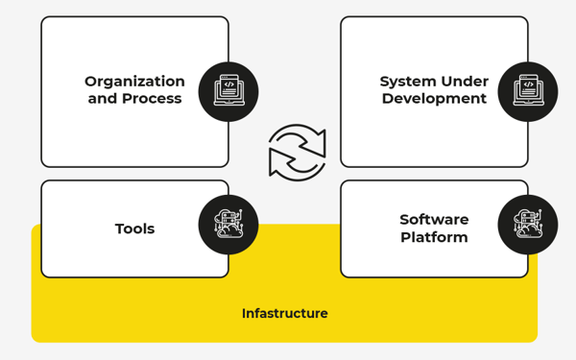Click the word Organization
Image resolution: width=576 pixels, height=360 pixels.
point(134,82)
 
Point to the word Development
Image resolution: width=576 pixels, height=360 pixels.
point(434,99)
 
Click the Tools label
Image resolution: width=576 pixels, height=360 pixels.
point(134,228)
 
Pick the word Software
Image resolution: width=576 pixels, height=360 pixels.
point(434,220)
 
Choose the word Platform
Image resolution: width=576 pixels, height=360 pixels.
point(434,237)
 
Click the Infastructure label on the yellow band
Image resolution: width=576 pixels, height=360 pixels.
point(284,314)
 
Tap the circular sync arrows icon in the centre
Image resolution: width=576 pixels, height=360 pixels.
point(297,153)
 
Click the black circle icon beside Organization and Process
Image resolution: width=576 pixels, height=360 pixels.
point(228,91)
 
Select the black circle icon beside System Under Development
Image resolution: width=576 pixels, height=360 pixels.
point(528,91)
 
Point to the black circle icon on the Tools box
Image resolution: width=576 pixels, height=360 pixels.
point(228,225)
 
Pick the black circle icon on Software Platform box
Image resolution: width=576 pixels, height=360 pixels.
point(528,225)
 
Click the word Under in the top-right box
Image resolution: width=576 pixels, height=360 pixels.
point(467,82)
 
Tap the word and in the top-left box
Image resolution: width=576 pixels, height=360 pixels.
point(103,99)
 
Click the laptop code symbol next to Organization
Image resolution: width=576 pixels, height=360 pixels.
point(228,89)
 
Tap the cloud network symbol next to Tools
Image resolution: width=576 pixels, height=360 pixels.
point(228,224)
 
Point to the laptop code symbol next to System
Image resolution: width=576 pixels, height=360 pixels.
point(528,89)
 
